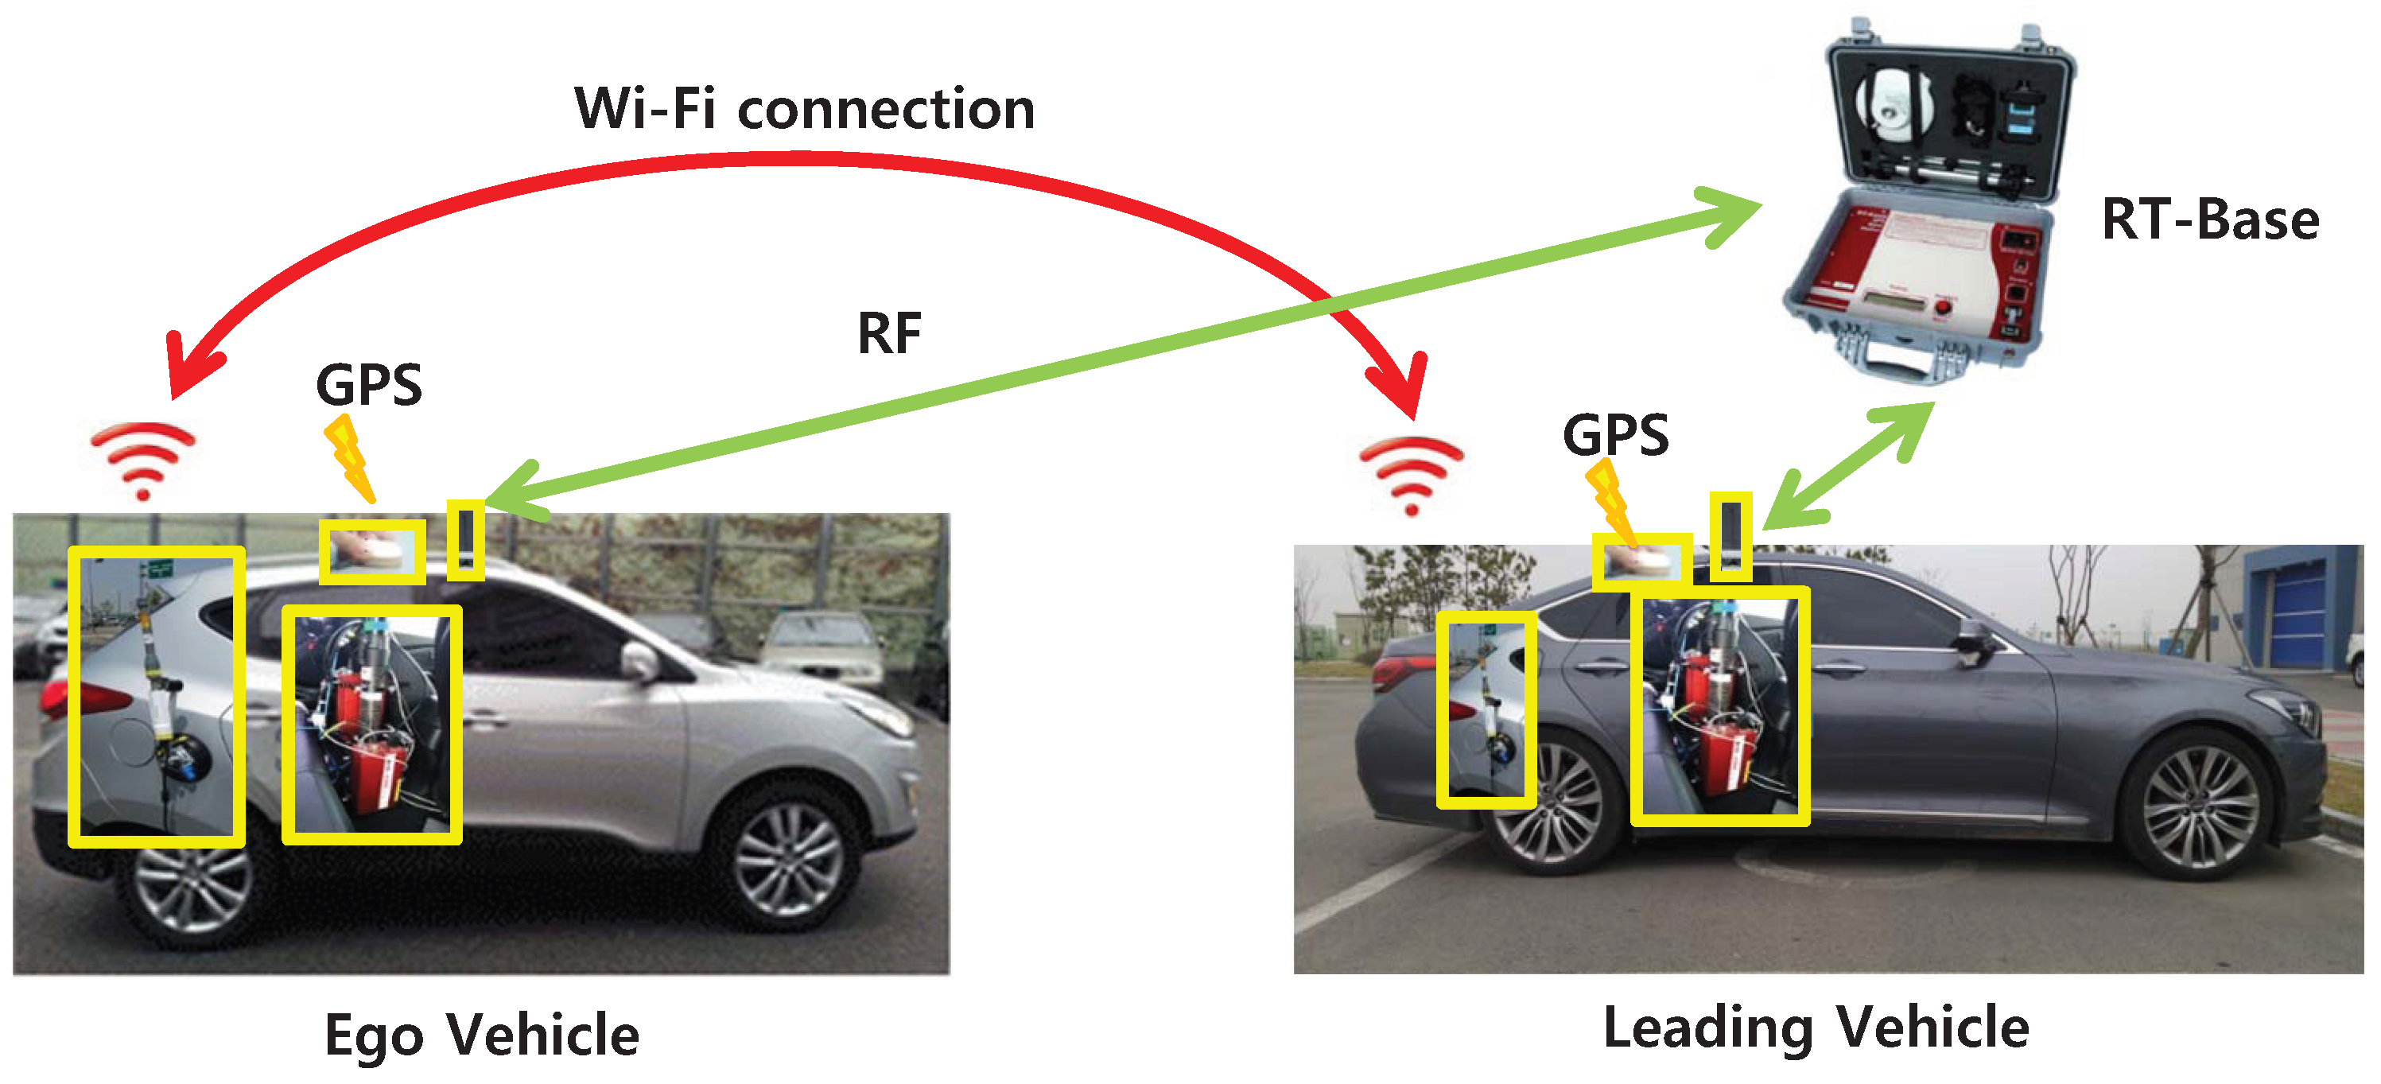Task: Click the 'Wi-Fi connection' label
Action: (804, 109)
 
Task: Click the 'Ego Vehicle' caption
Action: (482, 1034)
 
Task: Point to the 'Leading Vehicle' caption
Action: (1816, 1028)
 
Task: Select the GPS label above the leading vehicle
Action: (1616, 434)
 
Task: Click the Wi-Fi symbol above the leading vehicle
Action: (1411, 474)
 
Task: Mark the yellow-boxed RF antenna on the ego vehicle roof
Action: (465, 541)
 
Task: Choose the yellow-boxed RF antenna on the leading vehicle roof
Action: (1730, 537)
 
